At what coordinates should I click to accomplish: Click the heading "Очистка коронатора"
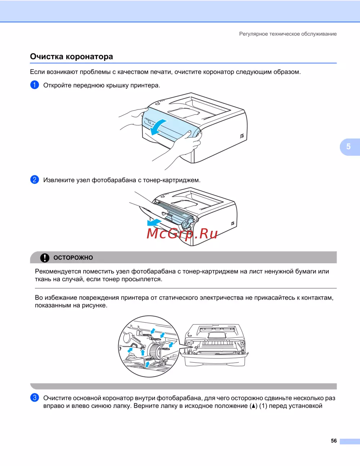click(71, 57)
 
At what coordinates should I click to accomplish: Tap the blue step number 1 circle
click(35, 85)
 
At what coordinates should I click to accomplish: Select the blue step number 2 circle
click(35, 180)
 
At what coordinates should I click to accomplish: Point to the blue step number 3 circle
click(35, 398)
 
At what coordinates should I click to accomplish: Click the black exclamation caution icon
click(45, 257)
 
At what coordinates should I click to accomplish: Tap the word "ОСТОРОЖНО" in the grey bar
click(73, 258)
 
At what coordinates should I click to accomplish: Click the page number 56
click(334, 441)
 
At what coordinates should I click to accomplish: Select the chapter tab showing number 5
click(348, 147)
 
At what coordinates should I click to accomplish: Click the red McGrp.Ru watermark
click(182, 234)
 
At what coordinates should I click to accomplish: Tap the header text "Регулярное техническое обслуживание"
click(288, 34)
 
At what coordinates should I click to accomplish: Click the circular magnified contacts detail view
click(149, 346)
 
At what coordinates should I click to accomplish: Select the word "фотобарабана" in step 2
click(114, 180)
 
